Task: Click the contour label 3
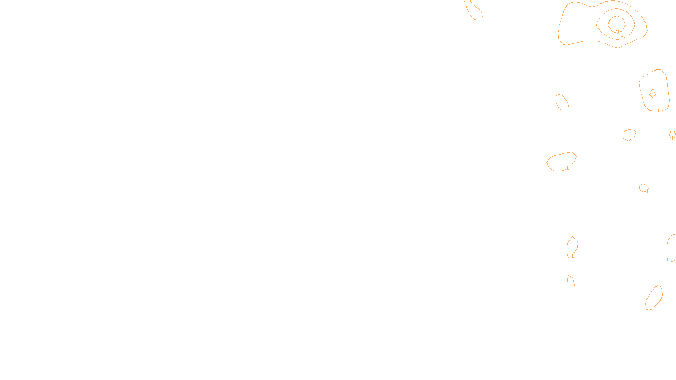[617, 32]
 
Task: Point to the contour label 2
[622, 38]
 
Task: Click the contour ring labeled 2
[597, 21]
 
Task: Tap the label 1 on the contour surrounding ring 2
[639, 38]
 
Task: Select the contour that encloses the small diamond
[640, 84]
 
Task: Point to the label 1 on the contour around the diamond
[658, 111]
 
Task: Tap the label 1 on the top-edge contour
[479, 20]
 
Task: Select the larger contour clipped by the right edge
[667, 247]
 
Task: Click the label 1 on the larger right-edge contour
[668, 262]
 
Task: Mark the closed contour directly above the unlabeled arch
[567, 245]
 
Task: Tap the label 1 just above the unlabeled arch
[572, 256]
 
